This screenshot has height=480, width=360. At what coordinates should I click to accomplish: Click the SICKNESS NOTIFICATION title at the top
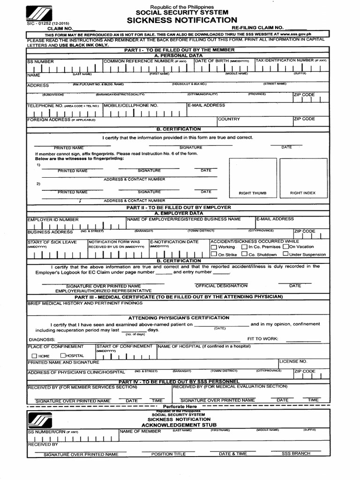point(181,20)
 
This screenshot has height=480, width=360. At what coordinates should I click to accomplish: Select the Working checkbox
point(214,247)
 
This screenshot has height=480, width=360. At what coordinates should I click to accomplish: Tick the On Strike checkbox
point(214,255)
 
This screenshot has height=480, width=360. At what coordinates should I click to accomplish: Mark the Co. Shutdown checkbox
point(244,255)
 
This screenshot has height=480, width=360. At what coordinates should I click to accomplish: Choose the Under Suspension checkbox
point(285,255)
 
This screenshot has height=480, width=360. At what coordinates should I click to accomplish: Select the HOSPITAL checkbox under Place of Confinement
point(63,356)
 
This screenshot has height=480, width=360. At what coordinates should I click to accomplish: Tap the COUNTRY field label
point(229,119)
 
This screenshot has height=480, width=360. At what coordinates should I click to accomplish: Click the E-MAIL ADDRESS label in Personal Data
point(207,105)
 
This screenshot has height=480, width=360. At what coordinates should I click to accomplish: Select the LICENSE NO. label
point(293,361)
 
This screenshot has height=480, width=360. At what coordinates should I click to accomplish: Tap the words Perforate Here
point(180,406)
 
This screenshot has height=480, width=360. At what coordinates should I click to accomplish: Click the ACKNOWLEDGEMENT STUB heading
point(179,425)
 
